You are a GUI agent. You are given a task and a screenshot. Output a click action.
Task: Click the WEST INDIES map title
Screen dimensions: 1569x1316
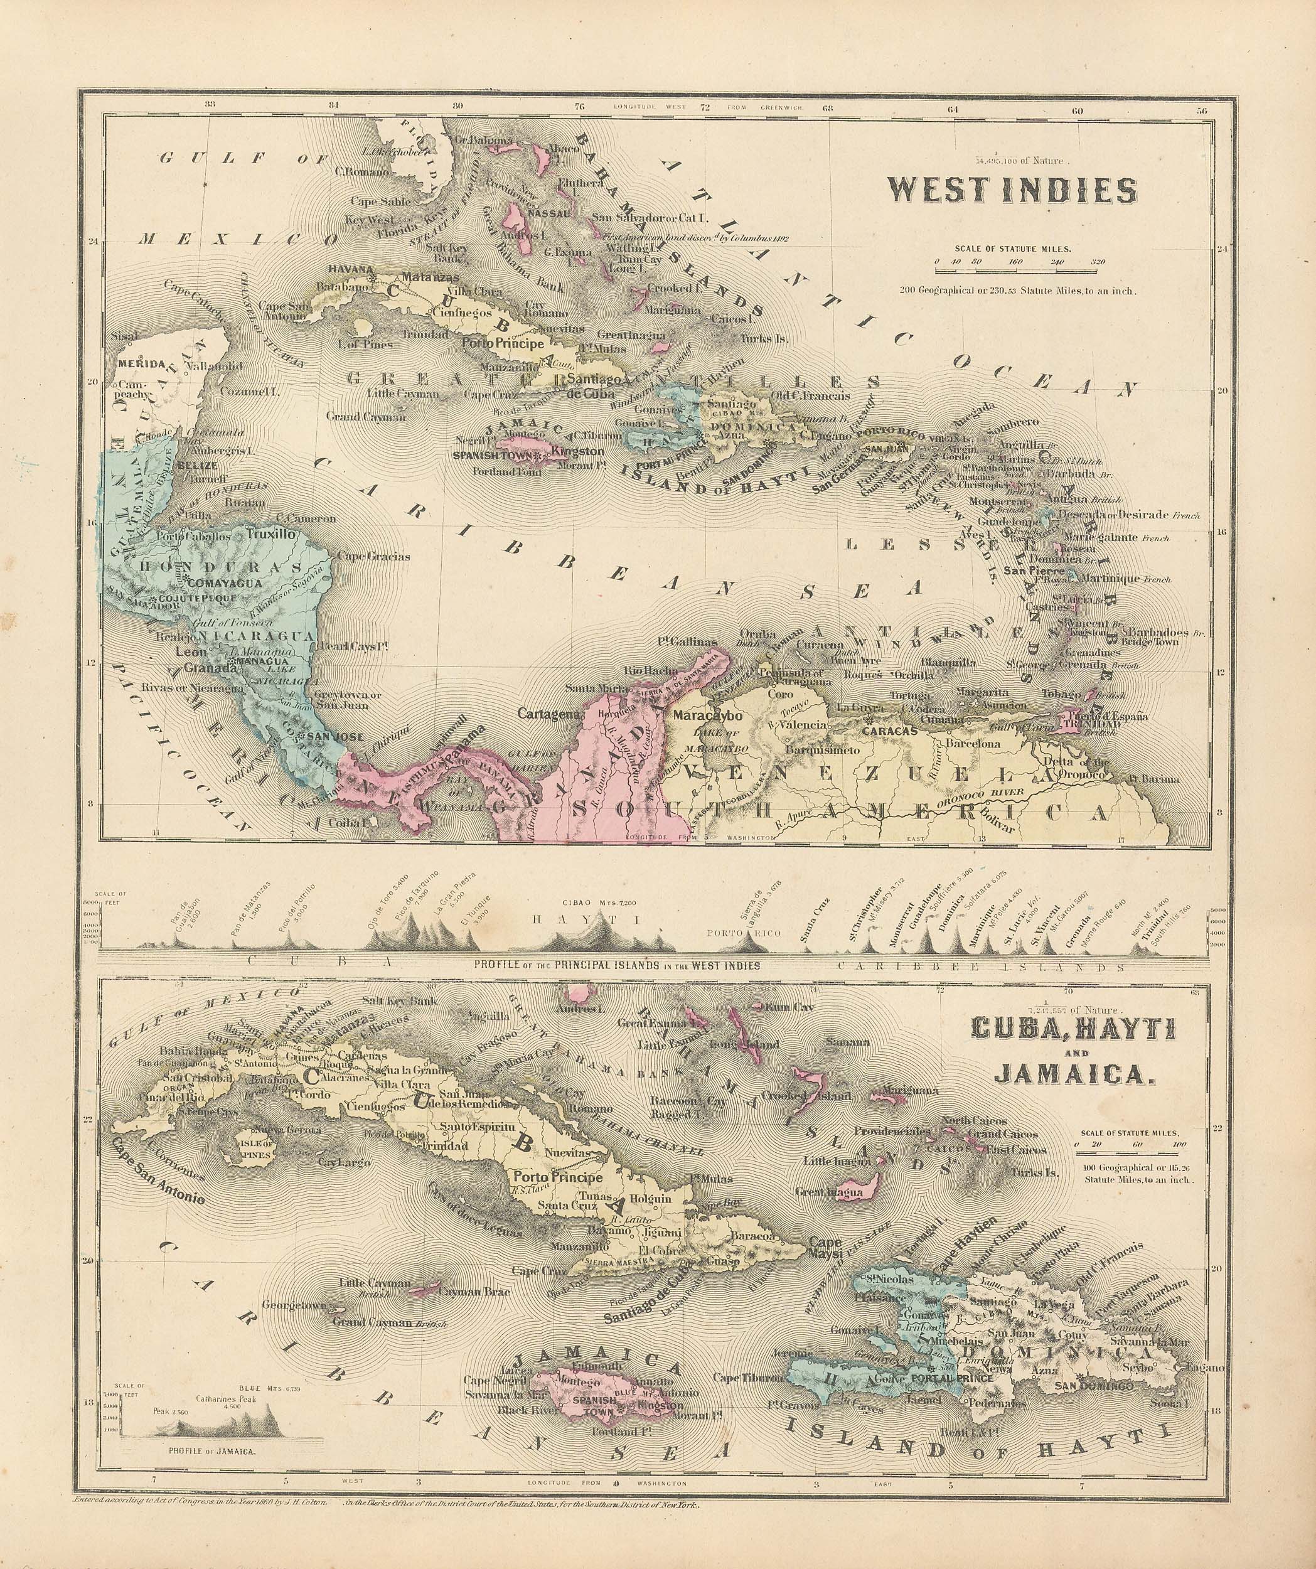tap(1011, 192)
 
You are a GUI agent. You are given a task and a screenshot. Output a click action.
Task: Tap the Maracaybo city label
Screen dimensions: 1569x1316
tap(707, 715)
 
